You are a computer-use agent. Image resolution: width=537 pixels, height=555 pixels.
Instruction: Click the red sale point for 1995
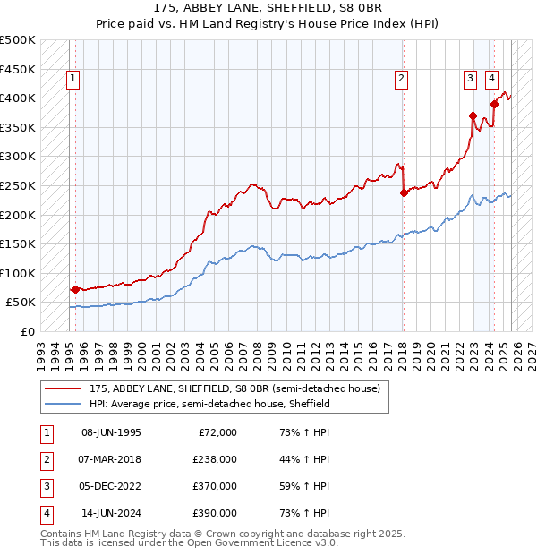[75, 289]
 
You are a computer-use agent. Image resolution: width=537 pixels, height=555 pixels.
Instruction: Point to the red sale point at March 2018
[404, 192]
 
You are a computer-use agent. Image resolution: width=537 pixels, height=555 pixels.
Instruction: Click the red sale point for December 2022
[473, 115]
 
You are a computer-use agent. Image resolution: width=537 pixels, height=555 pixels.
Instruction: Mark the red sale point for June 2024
[494, 104]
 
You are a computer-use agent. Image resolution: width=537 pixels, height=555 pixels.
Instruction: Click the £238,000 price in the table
[216, 458]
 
